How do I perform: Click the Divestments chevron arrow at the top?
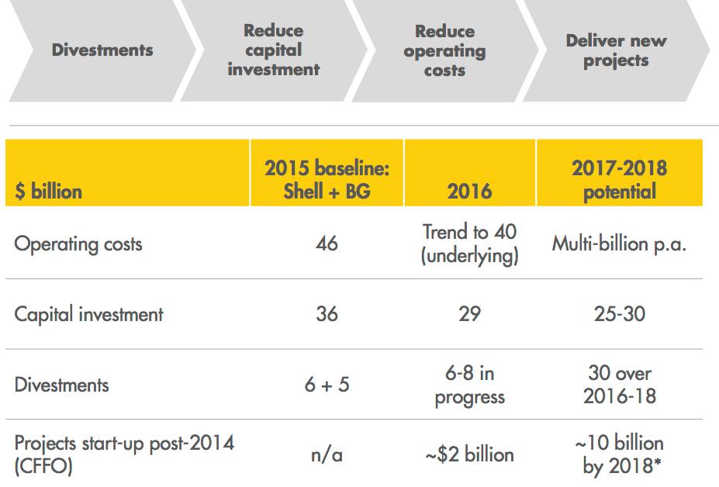[x=102, y=50]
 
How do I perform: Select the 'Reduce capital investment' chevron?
[x=274, y=50]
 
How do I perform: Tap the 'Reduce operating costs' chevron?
[x=444, y=50]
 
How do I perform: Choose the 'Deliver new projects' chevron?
[x=616, y=50]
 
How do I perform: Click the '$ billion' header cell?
[x=48, y=191]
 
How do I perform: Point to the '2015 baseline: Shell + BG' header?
[x=327, y=180]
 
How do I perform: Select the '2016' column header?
[x=469, y=192]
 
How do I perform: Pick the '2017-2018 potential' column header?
[x=618, y=180]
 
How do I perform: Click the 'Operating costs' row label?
[x=78, y=243]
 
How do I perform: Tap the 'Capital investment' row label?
[x=89, y=314]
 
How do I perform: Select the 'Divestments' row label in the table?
[x=62, y=385]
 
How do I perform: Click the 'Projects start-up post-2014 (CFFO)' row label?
[x=124, y=454]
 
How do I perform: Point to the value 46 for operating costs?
[x=327, y=243]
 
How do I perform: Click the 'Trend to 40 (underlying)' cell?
[x=469, y=243]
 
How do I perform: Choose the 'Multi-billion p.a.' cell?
[x=619, y=243]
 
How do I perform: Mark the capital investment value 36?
[x=327, y=314]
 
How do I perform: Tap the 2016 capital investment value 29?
[x=469, y=314]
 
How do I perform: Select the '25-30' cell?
[x=618, y=314]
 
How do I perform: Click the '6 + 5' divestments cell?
[x=327, y=385]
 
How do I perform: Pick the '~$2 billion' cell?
[x=469, y=454]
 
